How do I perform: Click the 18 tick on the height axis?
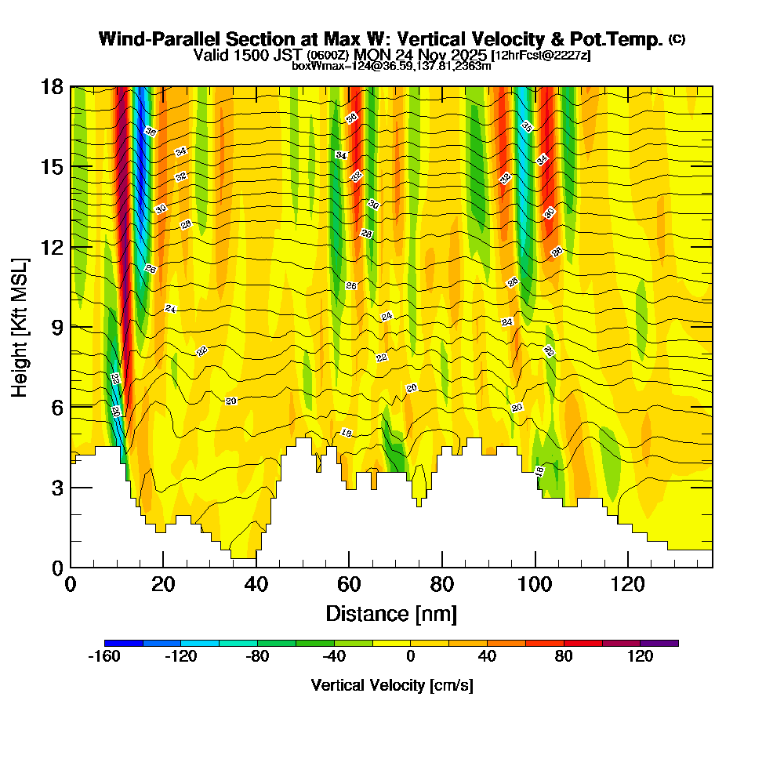tap(52, 87)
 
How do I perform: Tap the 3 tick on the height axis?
tap(56, 487)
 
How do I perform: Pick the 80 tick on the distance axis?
tap(442, 584)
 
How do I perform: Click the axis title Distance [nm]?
tap(391, 613)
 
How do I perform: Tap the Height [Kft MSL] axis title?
tap(20, 326)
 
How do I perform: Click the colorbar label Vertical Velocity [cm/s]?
tap(392, 685)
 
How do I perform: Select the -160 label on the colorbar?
tap(104, 657)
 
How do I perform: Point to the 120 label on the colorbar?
tap(641, 657)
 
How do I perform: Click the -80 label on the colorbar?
tap(258, 657)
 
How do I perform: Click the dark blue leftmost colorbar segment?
tap(123, 643)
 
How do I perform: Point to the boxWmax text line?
tap(391, 66)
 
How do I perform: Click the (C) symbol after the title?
tap(677, 38)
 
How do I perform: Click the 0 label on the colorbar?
tap(411, 657)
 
